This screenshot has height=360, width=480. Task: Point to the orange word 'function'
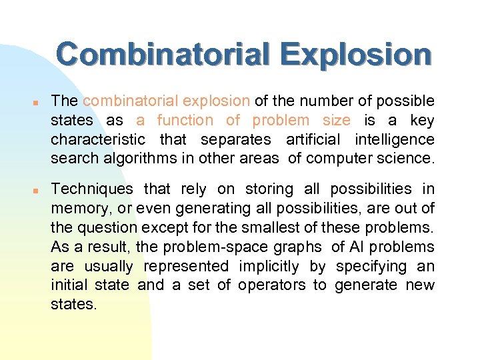(x=185, y=121)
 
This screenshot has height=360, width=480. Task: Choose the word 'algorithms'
(x=135, y=159)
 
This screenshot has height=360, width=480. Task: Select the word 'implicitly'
(x=268, y=267)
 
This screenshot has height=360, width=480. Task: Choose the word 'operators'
(x=277, y=285)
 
